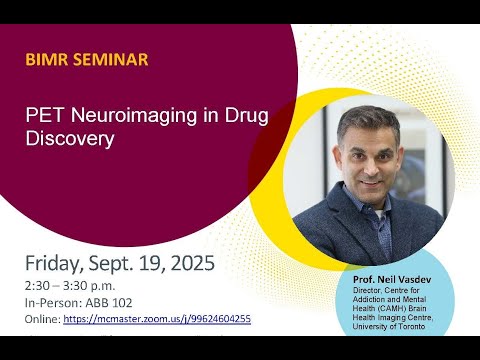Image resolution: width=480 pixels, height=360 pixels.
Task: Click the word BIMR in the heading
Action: click(x=47, y=60)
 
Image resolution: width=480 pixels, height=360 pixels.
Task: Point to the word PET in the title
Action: click(x=43, y=115)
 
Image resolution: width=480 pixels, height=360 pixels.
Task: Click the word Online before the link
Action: click(x=43, y=319)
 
